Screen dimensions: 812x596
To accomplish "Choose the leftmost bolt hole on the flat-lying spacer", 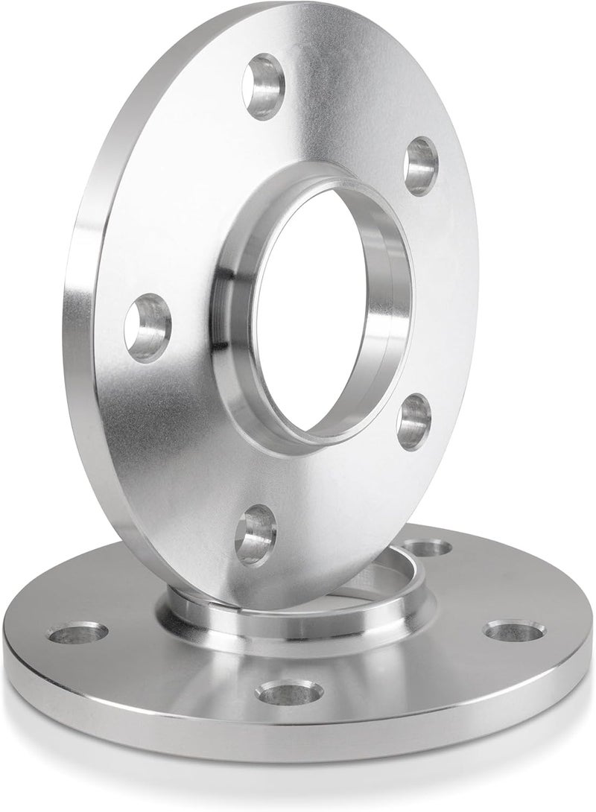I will point(77,635).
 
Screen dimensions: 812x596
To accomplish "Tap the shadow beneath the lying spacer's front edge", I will point(298,767).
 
